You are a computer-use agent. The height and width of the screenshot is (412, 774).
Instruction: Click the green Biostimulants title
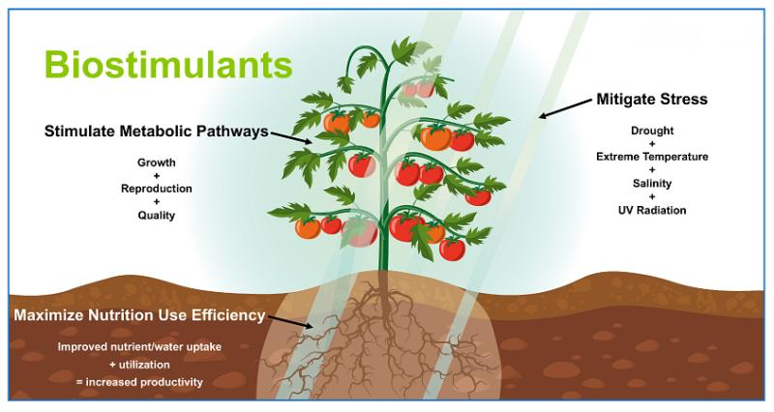168,65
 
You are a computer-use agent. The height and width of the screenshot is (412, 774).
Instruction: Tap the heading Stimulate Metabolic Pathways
157,132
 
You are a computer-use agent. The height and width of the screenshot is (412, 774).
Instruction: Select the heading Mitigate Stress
652,100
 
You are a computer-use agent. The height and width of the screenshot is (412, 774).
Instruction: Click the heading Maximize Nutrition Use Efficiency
139,315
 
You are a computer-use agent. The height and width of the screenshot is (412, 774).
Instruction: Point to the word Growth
157,162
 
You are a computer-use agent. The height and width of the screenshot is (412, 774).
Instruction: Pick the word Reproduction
157,189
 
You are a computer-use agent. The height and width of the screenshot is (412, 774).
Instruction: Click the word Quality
157,216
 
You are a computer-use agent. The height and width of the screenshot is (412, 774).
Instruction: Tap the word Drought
652,131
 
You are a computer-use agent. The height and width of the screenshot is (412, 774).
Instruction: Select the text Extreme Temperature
652,157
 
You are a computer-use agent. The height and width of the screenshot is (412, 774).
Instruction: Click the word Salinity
652,184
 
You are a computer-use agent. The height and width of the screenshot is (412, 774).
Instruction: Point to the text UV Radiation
652,210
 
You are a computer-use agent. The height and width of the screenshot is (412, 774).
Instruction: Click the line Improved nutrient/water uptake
139,347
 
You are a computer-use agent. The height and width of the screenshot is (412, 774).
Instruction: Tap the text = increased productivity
139,382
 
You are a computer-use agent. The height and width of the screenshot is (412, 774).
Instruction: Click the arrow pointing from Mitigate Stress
565,108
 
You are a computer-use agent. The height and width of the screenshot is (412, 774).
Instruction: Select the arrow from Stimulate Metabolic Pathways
292,137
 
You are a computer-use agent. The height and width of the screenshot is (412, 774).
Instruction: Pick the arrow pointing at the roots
289,322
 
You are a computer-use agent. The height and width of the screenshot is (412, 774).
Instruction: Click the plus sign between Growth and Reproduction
157,176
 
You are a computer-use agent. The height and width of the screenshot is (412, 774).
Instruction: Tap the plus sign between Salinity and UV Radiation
652,197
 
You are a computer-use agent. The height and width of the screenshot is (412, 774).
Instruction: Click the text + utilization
139,365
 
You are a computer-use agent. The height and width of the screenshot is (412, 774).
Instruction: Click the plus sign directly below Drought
652,144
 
